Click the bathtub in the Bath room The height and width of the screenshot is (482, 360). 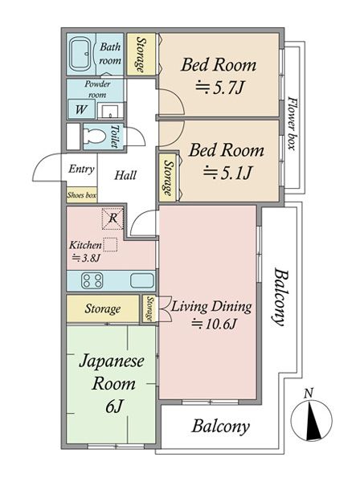click(80, 55)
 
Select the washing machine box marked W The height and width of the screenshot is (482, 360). click(81, 109)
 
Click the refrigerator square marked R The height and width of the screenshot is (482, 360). click(112, 219)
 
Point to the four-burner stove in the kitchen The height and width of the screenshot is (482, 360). click(92, 280)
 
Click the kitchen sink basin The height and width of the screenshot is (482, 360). click(141, 280)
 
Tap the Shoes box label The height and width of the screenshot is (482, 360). click(82, 195)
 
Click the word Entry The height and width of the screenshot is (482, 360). click(81, 169)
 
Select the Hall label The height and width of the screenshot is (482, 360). click(125, 175)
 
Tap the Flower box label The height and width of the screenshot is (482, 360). click(292, 124)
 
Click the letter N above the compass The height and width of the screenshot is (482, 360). click(309, 393)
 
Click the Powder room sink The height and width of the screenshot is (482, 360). click(110, 110)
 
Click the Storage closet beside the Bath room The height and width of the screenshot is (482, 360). click(141, 54)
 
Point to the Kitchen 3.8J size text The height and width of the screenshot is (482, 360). click(86, 258)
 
